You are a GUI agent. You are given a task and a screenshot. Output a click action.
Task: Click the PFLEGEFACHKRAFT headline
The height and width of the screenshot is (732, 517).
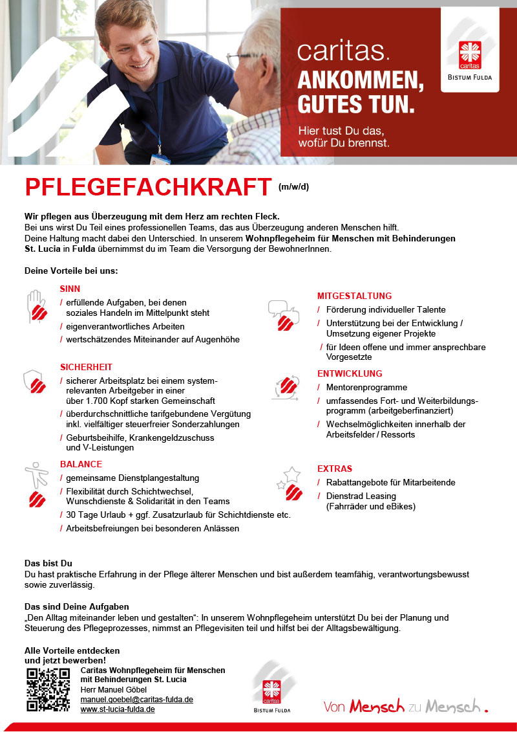pos(147,187)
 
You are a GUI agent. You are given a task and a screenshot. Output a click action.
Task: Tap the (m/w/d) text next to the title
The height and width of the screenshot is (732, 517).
pos(294,188)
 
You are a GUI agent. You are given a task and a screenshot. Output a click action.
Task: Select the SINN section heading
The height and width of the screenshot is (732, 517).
pos(70,289)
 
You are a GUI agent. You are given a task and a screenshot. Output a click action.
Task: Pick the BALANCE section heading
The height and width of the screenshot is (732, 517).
pos(81,464)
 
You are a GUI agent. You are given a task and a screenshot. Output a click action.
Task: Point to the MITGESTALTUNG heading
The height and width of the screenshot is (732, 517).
pos(354,296)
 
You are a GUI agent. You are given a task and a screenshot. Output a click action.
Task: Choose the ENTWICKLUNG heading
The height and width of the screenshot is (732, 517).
pos(350,373)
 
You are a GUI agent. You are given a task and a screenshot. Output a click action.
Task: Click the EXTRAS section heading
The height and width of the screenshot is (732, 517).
pos(335,469)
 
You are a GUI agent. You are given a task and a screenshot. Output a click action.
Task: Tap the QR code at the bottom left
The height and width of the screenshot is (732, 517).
pos(48,689)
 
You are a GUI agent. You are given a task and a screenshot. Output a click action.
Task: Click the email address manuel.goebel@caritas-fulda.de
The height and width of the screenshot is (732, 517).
pos(136,700)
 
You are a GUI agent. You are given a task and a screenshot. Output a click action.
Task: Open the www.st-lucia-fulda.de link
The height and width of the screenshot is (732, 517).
pos(118,709)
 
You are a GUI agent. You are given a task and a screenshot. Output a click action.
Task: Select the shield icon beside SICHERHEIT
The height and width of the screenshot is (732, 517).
pos(34,383)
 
